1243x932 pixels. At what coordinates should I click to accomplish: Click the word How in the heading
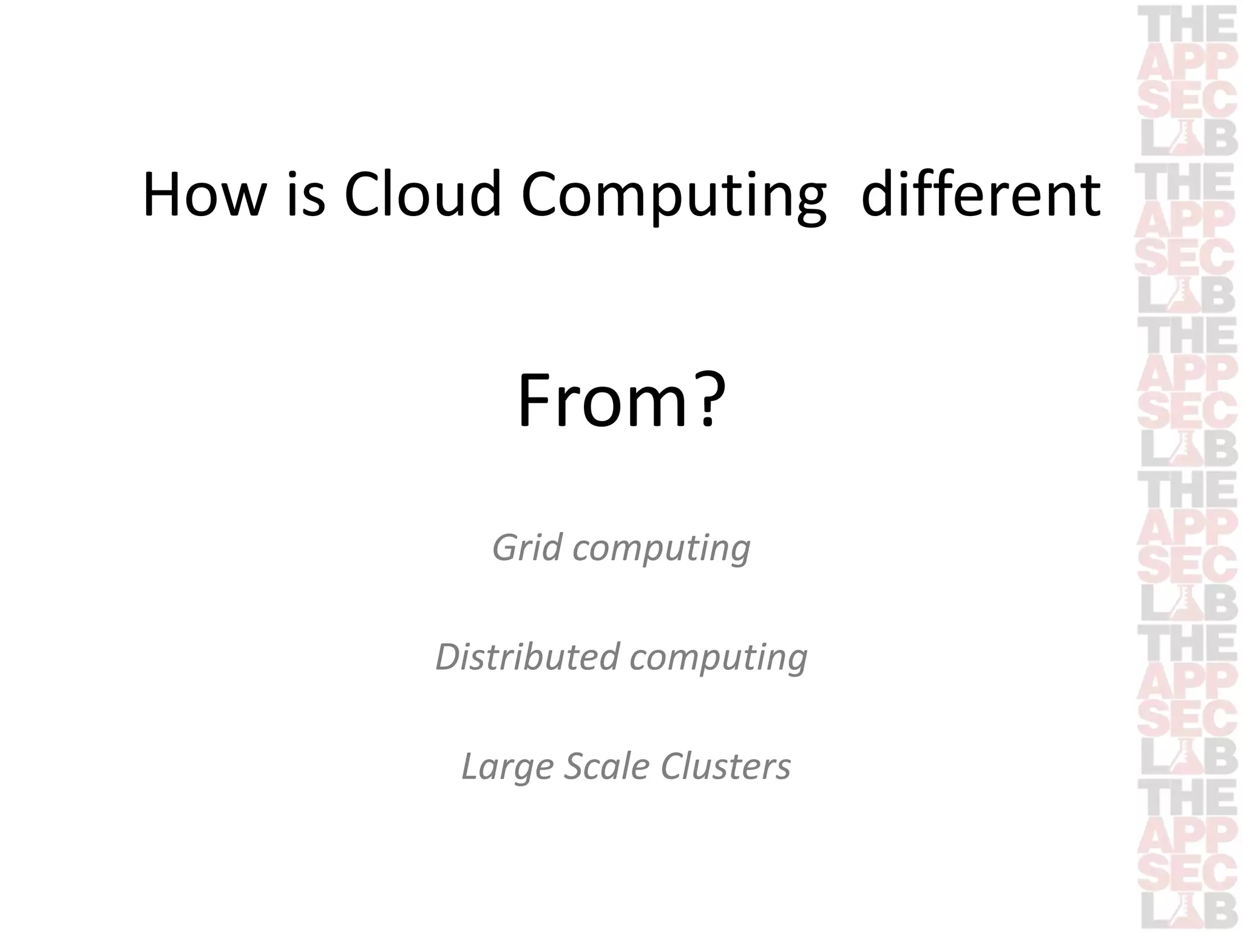point(204,195)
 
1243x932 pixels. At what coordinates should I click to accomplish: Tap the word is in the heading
point(306,195)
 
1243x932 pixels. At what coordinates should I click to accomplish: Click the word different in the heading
point(980,195)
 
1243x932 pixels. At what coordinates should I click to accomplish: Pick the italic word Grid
point(527,547)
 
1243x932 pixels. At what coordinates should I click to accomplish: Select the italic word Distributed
point(527,657)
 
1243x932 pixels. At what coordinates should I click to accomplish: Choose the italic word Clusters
point(726,766)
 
